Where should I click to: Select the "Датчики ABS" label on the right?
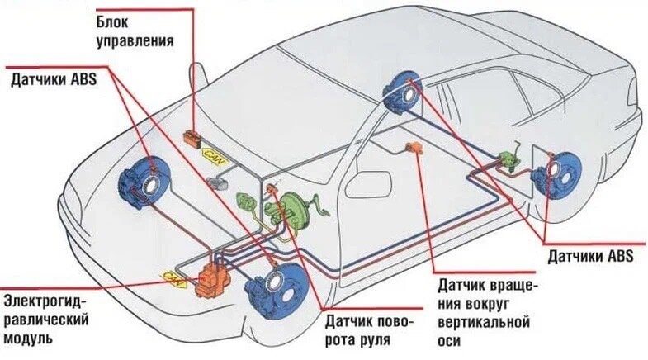590,256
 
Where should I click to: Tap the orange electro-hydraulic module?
212,279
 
